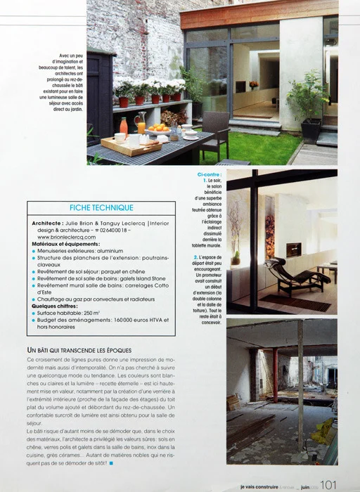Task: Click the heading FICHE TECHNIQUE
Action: point(101,207)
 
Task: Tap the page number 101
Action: point(330,484)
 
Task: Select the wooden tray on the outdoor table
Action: point(121,146)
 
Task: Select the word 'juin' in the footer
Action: point(298,485)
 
